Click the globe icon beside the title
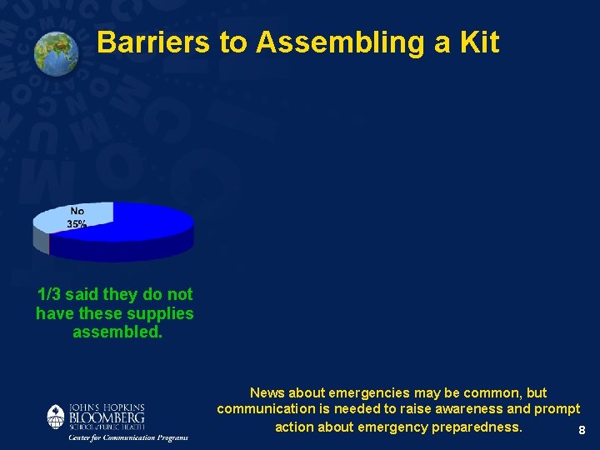pyautogui.click(x=56, y=52)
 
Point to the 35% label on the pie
pyautogui.click(x=77, y=225)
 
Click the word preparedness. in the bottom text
pyautogui.click(x=477, y=427)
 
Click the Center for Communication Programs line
pyautogui.click(x=128, y=437)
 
